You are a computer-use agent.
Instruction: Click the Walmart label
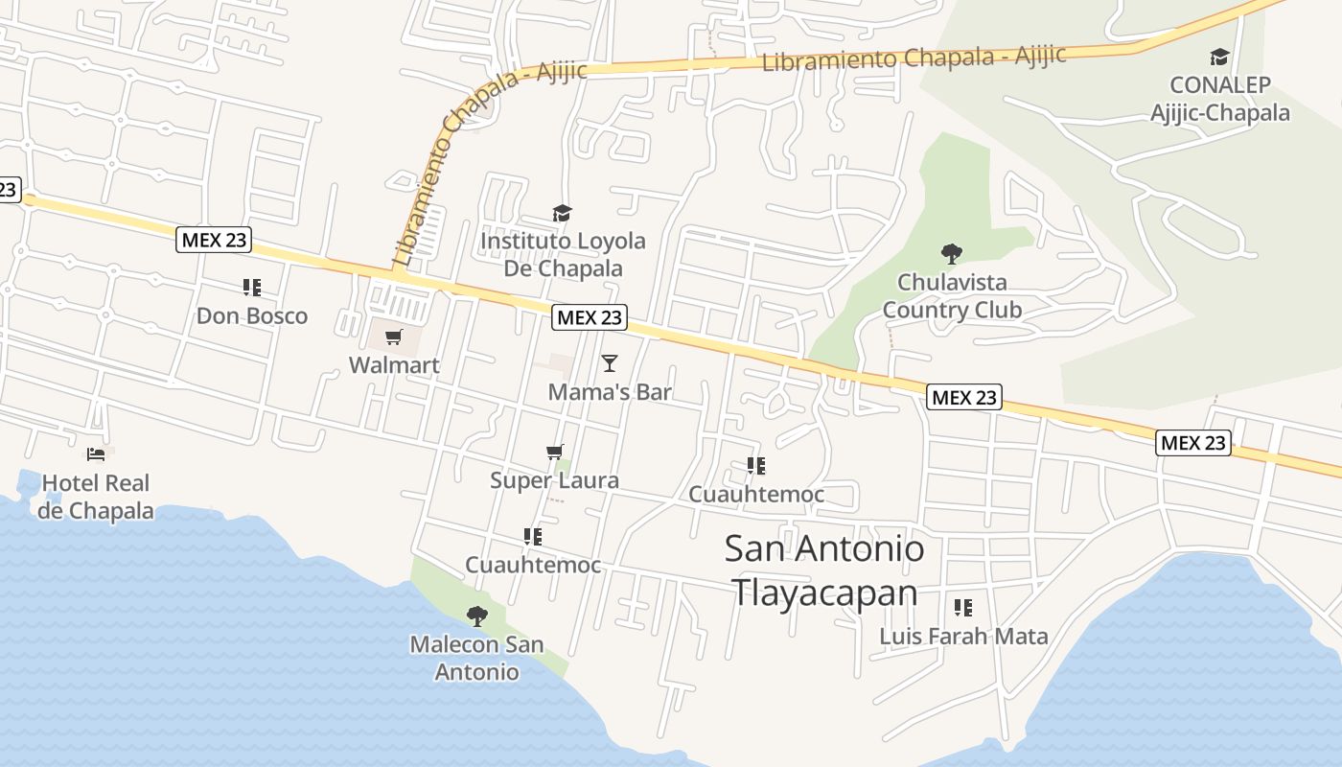(x=394, y=365)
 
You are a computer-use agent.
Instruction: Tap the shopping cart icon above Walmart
(x=393, y=337)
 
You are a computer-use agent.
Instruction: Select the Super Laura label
(x=554, y=480)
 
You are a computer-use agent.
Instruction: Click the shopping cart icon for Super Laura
(x=554, y=452)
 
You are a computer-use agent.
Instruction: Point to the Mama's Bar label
(x=610, y=392)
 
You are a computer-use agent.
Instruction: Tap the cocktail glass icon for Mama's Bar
(x=609, y=363)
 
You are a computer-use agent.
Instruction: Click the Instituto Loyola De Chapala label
(x=563, y=254)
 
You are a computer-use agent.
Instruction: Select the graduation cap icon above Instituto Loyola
(x=562, y=213)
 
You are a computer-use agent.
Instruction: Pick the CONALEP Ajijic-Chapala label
(x=1219, y=99)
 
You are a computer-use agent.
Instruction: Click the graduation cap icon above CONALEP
(x=1219, y=58)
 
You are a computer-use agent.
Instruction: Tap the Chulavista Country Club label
(x=952, y=296)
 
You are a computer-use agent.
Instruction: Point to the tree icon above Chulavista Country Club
(x=952, y=254)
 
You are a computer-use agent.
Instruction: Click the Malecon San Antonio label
(x=476, y=658)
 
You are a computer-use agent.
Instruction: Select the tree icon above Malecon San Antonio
(x=476, y=616)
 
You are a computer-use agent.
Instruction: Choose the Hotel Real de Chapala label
(x=96, y=497)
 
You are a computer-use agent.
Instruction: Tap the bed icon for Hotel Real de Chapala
(x=96, y=453)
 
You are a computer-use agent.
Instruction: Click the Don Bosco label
(x=252, y=315)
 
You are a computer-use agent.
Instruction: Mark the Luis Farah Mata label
(x=963, y=636)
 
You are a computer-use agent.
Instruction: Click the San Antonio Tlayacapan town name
(x=824, y=570)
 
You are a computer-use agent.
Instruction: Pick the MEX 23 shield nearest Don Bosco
(x=214, y=240)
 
